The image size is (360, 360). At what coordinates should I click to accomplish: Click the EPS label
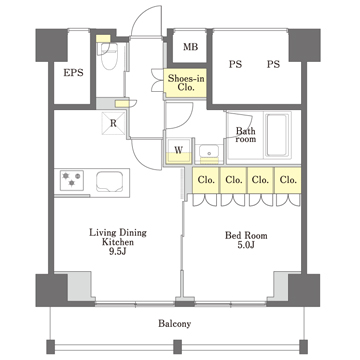tap(73, 73)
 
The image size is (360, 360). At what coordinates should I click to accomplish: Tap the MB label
tap(190, 47)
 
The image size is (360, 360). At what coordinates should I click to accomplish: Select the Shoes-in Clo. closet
tap(185, 83)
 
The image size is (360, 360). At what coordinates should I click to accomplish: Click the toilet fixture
tap(109, 55)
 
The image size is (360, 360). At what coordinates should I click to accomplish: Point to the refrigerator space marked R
tap(114, 123)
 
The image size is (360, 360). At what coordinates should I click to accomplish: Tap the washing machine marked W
tap(179, 151)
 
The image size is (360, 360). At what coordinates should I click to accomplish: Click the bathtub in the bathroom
tap(278, 135)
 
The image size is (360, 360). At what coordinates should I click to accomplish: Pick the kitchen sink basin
tap(109, 182)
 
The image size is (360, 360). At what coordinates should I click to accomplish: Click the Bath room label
tap(246, 135)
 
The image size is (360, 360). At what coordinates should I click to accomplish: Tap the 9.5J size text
tap(118, 251)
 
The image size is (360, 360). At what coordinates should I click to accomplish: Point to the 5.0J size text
tap(246, 245)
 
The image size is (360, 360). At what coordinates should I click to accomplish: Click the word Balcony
tap(174, 323)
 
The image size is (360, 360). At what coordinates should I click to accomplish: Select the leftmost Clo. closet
tap(206, 180)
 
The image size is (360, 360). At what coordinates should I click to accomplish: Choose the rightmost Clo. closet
tap(288, 180)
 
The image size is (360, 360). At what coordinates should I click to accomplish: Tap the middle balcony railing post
tap(178, 347)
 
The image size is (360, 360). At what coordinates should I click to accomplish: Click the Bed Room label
tap(246, 236)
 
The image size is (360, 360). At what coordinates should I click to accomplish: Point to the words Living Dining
tap(118, 233)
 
